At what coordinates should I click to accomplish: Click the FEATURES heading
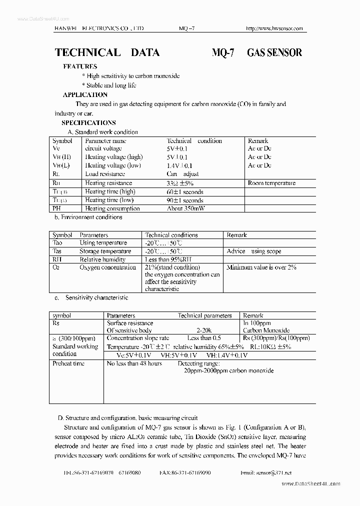tap(80, 66)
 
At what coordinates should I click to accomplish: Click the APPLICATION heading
tap(85, 94)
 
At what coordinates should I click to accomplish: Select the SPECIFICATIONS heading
tap(88, 122)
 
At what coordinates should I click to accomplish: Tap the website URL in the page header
tap(274, 28)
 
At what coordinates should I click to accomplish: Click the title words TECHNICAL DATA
tap(107, 52)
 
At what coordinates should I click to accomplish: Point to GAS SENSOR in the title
tap(274, 52)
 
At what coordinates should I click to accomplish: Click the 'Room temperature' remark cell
tap(271, 183)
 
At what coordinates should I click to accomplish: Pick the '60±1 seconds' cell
tap(184, 191)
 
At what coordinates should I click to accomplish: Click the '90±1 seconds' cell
tap(184, 200)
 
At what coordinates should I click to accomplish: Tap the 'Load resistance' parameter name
tap(105, 174)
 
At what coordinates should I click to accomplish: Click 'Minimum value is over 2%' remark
tap(261, 267)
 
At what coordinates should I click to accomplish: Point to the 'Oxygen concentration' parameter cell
tap(107, 267)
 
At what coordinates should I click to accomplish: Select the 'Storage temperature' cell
tap(105, 251)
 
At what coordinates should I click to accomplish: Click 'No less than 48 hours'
tap(134, 363)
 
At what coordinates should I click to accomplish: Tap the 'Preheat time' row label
tap(68, 363)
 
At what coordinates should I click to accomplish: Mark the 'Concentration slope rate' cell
tap(138, 338)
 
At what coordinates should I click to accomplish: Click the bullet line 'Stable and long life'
tap(111, 85)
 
